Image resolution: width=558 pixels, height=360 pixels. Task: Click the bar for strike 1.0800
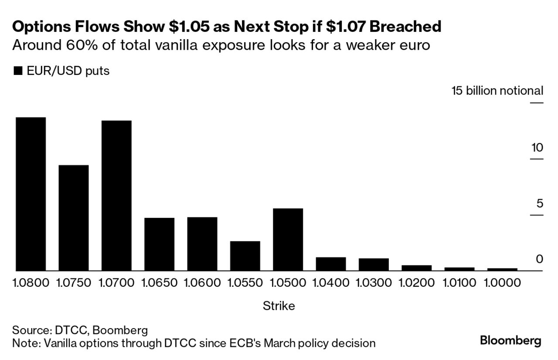click(31, 194)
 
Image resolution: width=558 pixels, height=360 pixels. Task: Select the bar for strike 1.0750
click(74, 218)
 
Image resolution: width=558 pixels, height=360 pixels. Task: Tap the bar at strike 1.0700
click(116, 196)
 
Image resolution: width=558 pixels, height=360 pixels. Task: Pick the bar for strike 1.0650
click(159, 244)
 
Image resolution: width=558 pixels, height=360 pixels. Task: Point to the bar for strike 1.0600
click(202, 244)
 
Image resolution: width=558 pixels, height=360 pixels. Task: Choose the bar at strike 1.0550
click(245, 256)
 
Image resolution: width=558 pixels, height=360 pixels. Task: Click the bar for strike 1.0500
click(288, 239)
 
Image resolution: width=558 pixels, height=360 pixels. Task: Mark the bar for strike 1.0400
click(331, 264)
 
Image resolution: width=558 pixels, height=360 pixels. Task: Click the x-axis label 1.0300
click(374, 283)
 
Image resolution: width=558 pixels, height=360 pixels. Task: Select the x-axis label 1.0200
click(416, 283)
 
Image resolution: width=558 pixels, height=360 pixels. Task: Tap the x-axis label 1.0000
click(502, 283)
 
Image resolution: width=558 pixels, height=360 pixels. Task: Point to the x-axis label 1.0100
click(459, 283)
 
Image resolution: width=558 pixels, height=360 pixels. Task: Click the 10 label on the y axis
click(537, 148)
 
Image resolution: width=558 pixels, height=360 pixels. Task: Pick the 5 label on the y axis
click(540, 204)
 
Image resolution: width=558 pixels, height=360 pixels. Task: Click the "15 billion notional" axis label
click(497, 91)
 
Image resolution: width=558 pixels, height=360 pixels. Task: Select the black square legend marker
click(18, 71)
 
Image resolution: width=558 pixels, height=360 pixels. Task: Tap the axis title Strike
click(279, 306)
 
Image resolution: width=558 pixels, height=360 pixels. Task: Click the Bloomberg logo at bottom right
click(510, 340)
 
